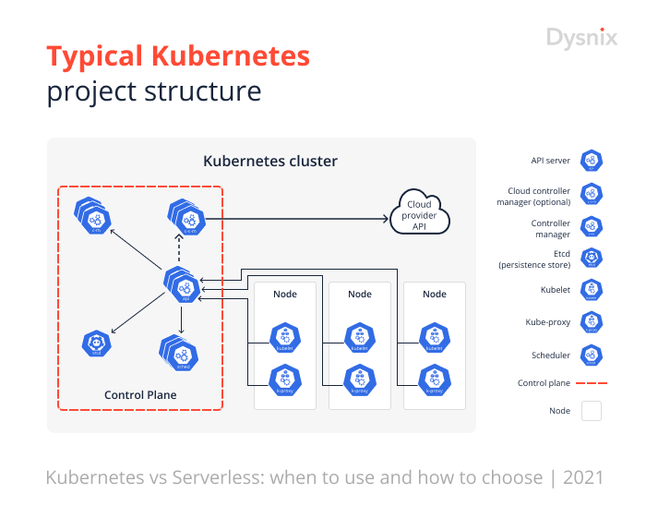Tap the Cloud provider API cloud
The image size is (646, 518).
[421, 214]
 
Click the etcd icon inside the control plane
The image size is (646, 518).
[96, 345]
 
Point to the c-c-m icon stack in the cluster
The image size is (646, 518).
[188, 219]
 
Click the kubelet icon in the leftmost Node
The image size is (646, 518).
[284, 337]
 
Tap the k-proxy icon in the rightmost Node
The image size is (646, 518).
[433, 379]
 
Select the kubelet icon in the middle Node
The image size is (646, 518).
[359, 337]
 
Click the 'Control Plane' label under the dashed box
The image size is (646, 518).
[140, 395]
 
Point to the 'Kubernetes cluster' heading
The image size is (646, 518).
[270, 162]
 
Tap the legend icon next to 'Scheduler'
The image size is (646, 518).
[591, 355]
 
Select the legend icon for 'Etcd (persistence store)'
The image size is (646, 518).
[591, 258]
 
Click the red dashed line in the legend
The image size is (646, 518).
[592, 382]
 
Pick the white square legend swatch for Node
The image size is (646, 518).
[591, 411]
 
